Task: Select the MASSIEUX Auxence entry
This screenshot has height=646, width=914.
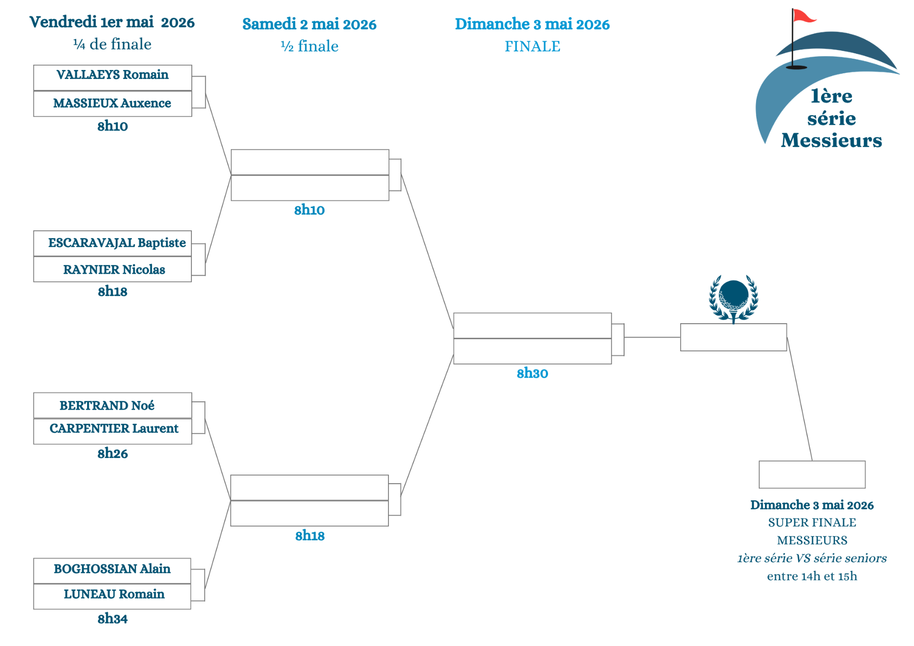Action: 112,103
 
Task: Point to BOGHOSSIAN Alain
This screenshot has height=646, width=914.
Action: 112,569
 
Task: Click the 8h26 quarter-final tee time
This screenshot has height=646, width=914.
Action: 112,454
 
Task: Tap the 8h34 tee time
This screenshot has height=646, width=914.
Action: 112,619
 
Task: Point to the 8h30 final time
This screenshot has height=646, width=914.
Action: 532,374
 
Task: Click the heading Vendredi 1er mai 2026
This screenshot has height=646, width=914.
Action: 112,22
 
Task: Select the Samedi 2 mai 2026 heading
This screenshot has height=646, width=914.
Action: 309,24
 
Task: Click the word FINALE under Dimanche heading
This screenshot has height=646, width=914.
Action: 532,47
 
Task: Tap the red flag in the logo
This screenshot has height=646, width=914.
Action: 804,17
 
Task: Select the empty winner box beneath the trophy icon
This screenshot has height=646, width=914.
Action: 733,338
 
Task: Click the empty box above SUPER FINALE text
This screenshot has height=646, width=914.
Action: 812,475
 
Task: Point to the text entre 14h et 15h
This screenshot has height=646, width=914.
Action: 812,576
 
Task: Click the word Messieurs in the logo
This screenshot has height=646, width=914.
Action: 831,140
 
